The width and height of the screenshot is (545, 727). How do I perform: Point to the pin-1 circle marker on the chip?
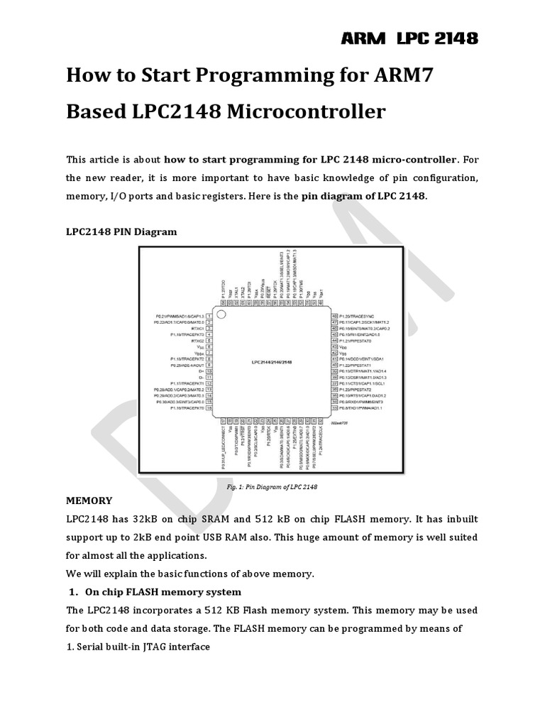221,315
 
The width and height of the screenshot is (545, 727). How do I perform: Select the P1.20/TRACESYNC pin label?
364,315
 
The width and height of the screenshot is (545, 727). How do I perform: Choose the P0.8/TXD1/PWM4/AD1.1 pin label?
361,409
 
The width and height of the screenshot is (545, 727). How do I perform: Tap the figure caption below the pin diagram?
272,487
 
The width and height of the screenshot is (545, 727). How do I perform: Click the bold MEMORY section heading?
89,501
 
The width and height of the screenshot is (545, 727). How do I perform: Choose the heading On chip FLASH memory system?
163,592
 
